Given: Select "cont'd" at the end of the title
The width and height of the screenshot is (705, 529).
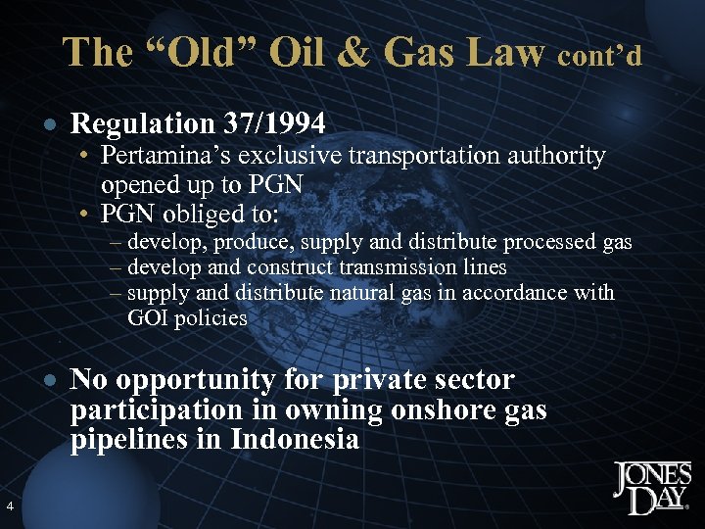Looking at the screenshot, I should pos(600,55).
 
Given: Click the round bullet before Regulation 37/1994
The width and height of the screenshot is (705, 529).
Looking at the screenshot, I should pos(50,124).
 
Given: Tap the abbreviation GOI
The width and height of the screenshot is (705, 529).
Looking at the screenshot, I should pos(148,317).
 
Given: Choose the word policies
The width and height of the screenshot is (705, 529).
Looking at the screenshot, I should pos(211,317).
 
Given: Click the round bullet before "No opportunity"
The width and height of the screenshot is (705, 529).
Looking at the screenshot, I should pos(50,379).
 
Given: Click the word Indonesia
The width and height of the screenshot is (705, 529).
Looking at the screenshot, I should pos(295,439).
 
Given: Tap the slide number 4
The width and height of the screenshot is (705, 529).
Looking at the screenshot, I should pos(9,505).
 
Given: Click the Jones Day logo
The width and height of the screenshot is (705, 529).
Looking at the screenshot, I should pos(651,487).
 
